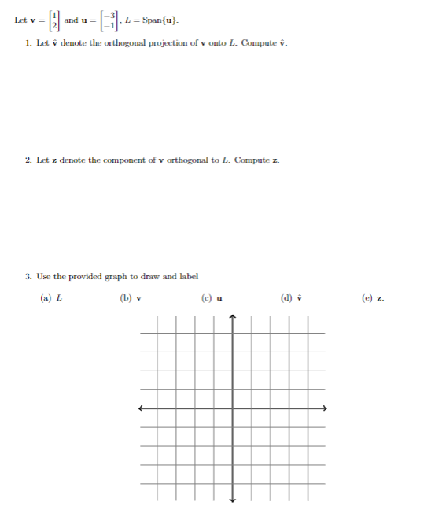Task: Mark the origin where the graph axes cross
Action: click(233, 408)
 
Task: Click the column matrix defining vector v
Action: click(56, 20)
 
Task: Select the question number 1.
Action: click(28, 42)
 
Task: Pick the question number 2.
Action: click(28, 160)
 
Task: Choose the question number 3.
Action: click(28, 277)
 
